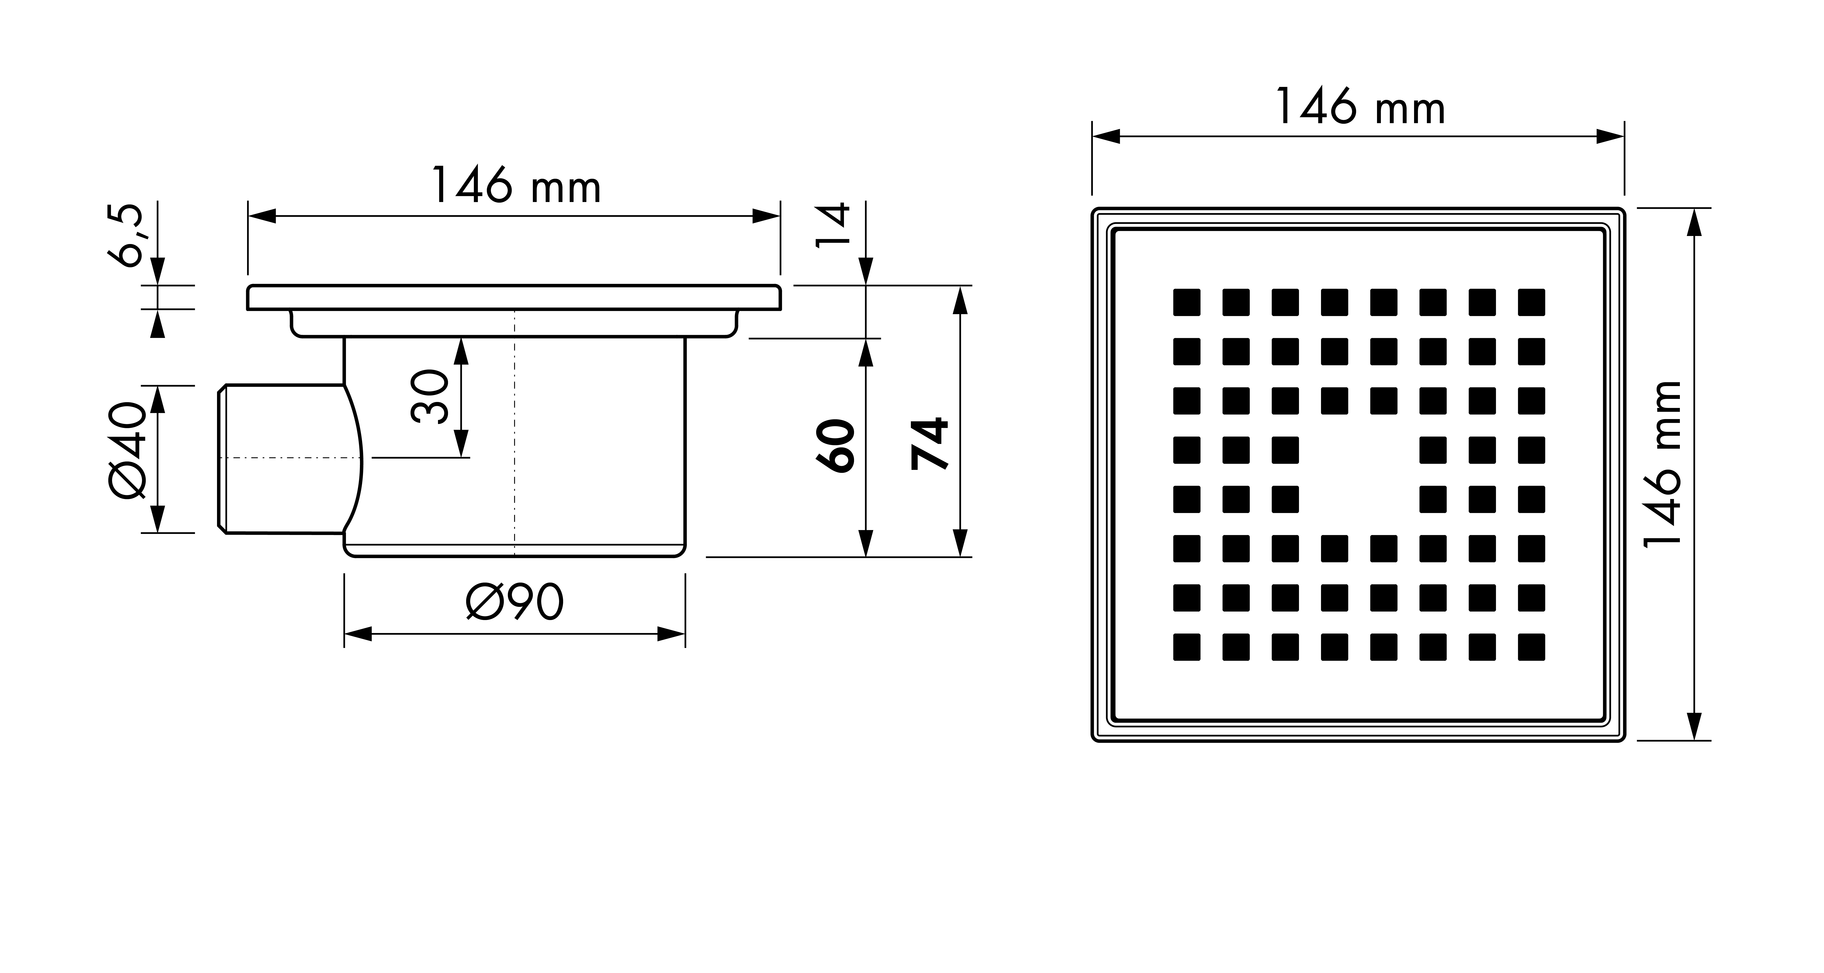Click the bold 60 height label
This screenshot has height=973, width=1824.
click(836, 445)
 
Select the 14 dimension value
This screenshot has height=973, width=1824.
click(833, 225)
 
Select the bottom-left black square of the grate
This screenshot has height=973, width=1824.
click(1187, 647)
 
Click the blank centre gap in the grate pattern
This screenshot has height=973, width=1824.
click(1359, 474)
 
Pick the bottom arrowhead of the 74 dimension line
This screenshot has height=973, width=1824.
click(960, 543)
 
